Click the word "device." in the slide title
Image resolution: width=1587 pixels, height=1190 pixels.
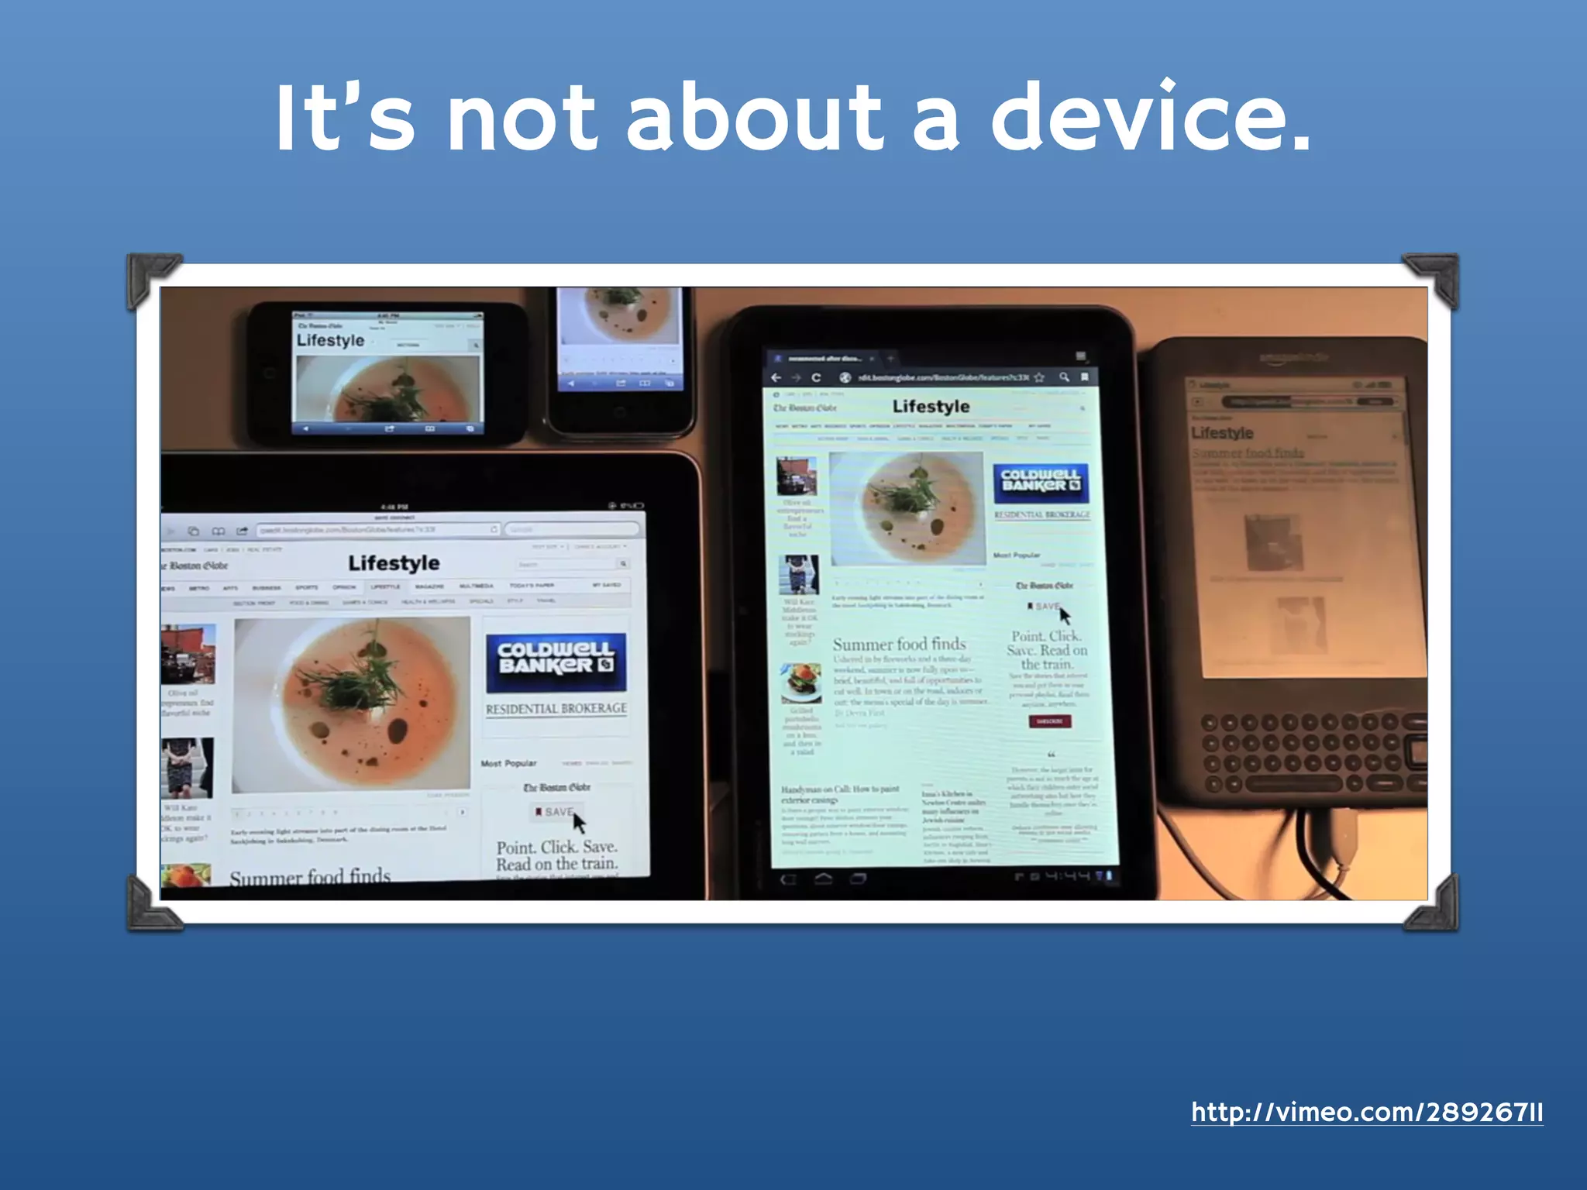(1151, 118)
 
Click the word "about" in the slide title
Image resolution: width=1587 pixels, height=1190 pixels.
(754, 118)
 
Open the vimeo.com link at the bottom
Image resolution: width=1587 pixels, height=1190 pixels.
(1367, 1113)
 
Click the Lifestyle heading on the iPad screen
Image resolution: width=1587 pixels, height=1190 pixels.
(394, 563)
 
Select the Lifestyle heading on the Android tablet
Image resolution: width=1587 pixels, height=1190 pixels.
(931, 407)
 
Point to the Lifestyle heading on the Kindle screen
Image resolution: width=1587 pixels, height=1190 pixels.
(1222, 433)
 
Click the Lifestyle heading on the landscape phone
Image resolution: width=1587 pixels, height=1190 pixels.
(330, 341)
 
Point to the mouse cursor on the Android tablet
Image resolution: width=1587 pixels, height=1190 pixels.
(1065, 616)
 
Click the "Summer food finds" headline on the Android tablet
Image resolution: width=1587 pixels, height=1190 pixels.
(899, 644)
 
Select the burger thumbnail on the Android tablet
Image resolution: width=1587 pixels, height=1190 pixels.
(800, 682)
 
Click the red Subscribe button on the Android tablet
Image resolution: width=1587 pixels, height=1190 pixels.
(1049, 721)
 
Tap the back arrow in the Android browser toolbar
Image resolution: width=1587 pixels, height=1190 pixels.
(776, 377)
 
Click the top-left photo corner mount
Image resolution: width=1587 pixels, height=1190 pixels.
(151, 278)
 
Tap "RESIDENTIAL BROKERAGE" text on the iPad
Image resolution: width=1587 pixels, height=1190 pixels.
(556, 709)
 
